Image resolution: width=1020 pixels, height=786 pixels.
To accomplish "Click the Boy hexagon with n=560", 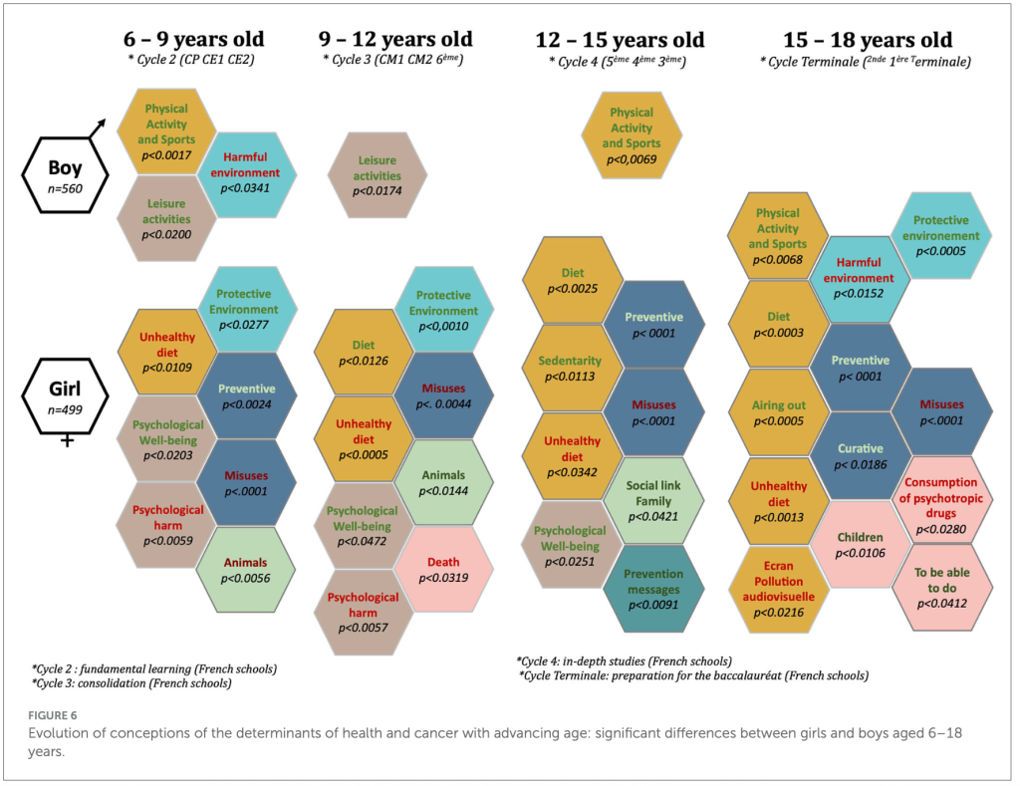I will (x=67, y=176).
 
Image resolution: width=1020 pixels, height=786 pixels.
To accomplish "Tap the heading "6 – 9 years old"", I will (x=195, y=40).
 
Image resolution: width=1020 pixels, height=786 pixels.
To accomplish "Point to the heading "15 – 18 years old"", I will (x=867, y=41).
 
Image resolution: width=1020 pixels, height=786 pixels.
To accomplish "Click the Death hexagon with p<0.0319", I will (x=443, y=570).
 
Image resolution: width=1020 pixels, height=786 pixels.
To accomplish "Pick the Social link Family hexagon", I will (x=653, y=499).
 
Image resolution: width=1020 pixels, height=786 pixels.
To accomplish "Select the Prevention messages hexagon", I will (x=653, y=588).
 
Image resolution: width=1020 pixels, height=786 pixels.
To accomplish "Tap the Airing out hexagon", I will (x=778, y=412).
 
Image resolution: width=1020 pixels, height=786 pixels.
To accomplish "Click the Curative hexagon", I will (x=859, y=455).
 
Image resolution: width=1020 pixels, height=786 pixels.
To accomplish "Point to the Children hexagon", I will (x=859, y=544).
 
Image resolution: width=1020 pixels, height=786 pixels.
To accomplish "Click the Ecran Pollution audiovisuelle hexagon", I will (x=778, y=588).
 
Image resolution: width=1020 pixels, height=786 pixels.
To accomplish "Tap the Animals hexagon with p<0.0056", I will (x=246, y=569).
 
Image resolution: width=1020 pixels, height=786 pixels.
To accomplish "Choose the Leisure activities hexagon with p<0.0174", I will (x=378, y=175).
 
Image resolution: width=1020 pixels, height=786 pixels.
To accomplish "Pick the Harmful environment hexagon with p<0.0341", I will (x=251, y=172).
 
